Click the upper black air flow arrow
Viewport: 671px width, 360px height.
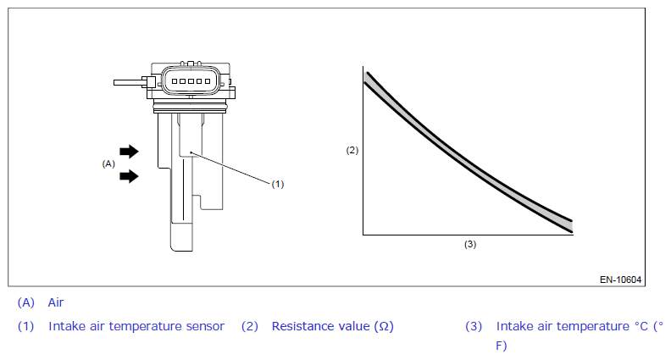pos(129,151)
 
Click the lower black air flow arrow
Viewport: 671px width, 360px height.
pos(129,176)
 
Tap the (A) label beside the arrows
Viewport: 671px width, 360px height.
pos(108,163)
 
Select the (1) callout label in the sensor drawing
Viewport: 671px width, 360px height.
pos(278,184)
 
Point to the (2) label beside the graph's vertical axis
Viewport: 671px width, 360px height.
pos(352,150)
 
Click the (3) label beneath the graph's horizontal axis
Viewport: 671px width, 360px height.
pos(470,244)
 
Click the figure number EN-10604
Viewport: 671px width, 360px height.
pos(620,280)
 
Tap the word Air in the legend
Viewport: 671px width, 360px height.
pos(56,302)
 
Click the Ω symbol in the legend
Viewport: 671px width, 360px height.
pos(384,327)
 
